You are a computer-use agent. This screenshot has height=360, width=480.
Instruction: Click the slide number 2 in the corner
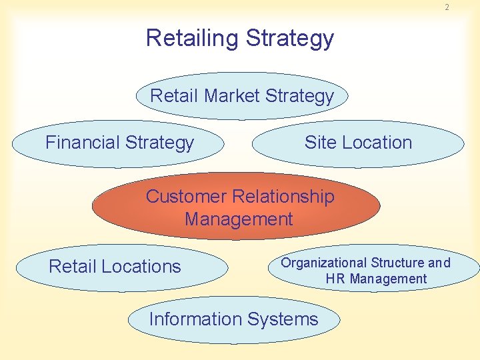447,7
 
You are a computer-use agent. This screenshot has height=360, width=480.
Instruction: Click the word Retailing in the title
193,38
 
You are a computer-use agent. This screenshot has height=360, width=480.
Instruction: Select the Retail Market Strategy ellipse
242,96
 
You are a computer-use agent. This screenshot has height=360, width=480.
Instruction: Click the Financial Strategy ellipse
119,143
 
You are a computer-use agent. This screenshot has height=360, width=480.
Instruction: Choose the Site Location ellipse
358,143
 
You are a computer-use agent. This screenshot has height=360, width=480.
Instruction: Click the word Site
319,143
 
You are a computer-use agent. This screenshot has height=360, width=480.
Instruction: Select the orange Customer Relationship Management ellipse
237,207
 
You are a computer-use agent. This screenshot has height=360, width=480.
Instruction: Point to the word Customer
186,197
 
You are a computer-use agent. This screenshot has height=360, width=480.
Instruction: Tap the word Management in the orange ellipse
239,219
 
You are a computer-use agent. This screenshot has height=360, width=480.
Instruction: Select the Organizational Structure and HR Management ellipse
373,270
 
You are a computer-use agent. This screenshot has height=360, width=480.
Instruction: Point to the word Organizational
323,263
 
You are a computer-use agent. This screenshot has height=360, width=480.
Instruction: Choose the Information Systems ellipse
233,319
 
